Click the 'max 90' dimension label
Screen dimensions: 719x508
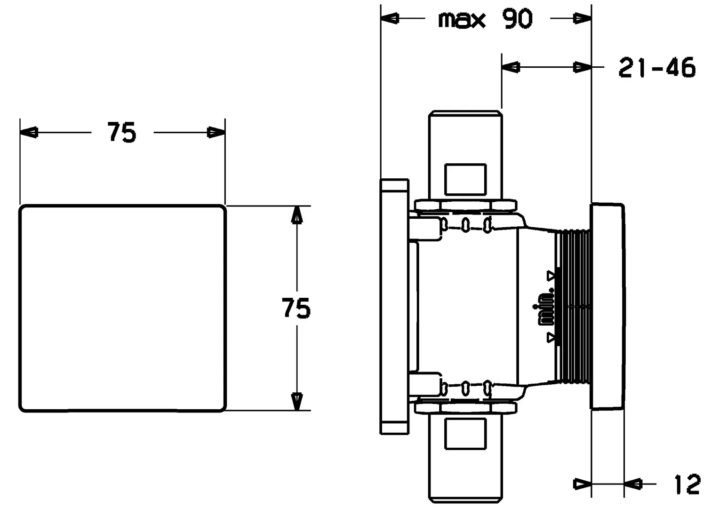(x=485, y=19)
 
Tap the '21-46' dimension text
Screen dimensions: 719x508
(x=657, y=68)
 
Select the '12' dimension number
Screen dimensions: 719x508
(x=687, y=484)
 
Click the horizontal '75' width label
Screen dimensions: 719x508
(x=122, y=132)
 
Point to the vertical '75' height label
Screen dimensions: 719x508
(x=296, y=308)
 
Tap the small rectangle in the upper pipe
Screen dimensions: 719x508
(x=465, y=179)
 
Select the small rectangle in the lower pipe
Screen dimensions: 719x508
(x=465, y=434)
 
